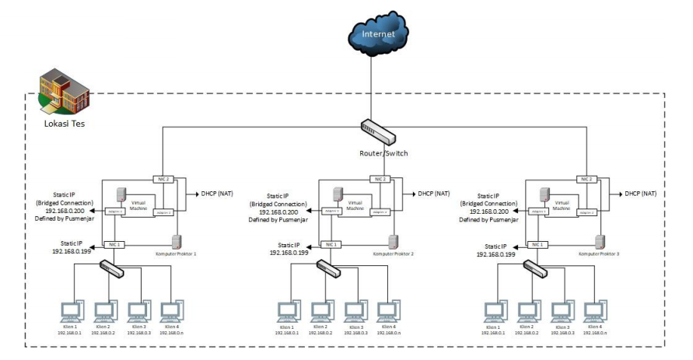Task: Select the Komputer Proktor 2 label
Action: (394, 253)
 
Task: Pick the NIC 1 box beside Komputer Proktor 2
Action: (331, 244)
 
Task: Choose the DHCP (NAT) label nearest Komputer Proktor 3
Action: (640, 192)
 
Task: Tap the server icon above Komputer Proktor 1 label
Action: (177, 241)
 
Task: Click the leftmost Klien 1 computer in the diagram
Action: (72, 311)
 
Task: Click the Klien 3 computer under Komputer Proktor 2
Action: (355, 311)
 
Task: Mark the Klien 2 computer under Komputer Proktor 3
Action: (527, 311)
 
